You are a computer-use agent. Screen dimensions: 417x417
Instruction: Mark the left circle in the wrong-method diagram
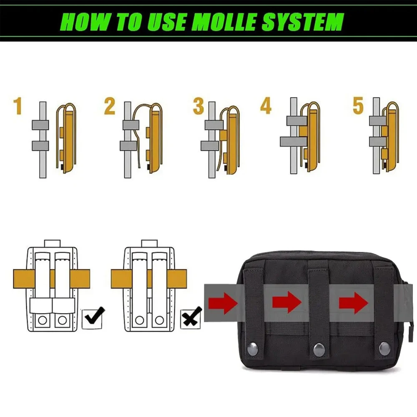coord(139,320)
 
